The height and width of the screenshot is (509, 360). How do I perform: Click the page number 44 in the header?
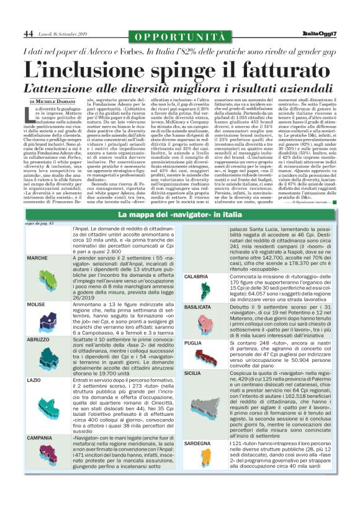[29, 34]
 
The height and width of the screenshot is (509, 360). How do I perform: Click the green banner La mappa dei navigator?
[179, 232]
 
